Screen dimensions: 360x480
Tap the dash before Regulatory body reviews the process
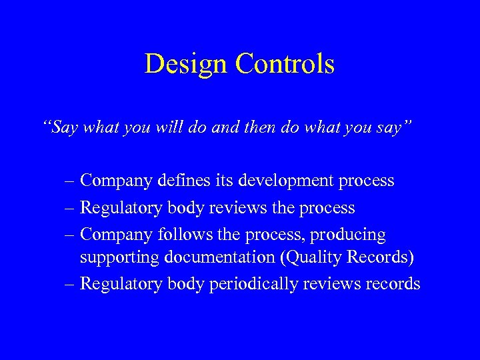70,209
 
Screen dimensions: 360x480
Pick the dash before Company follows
70,236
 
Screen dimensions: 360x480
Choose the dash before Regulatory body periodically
70,285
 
